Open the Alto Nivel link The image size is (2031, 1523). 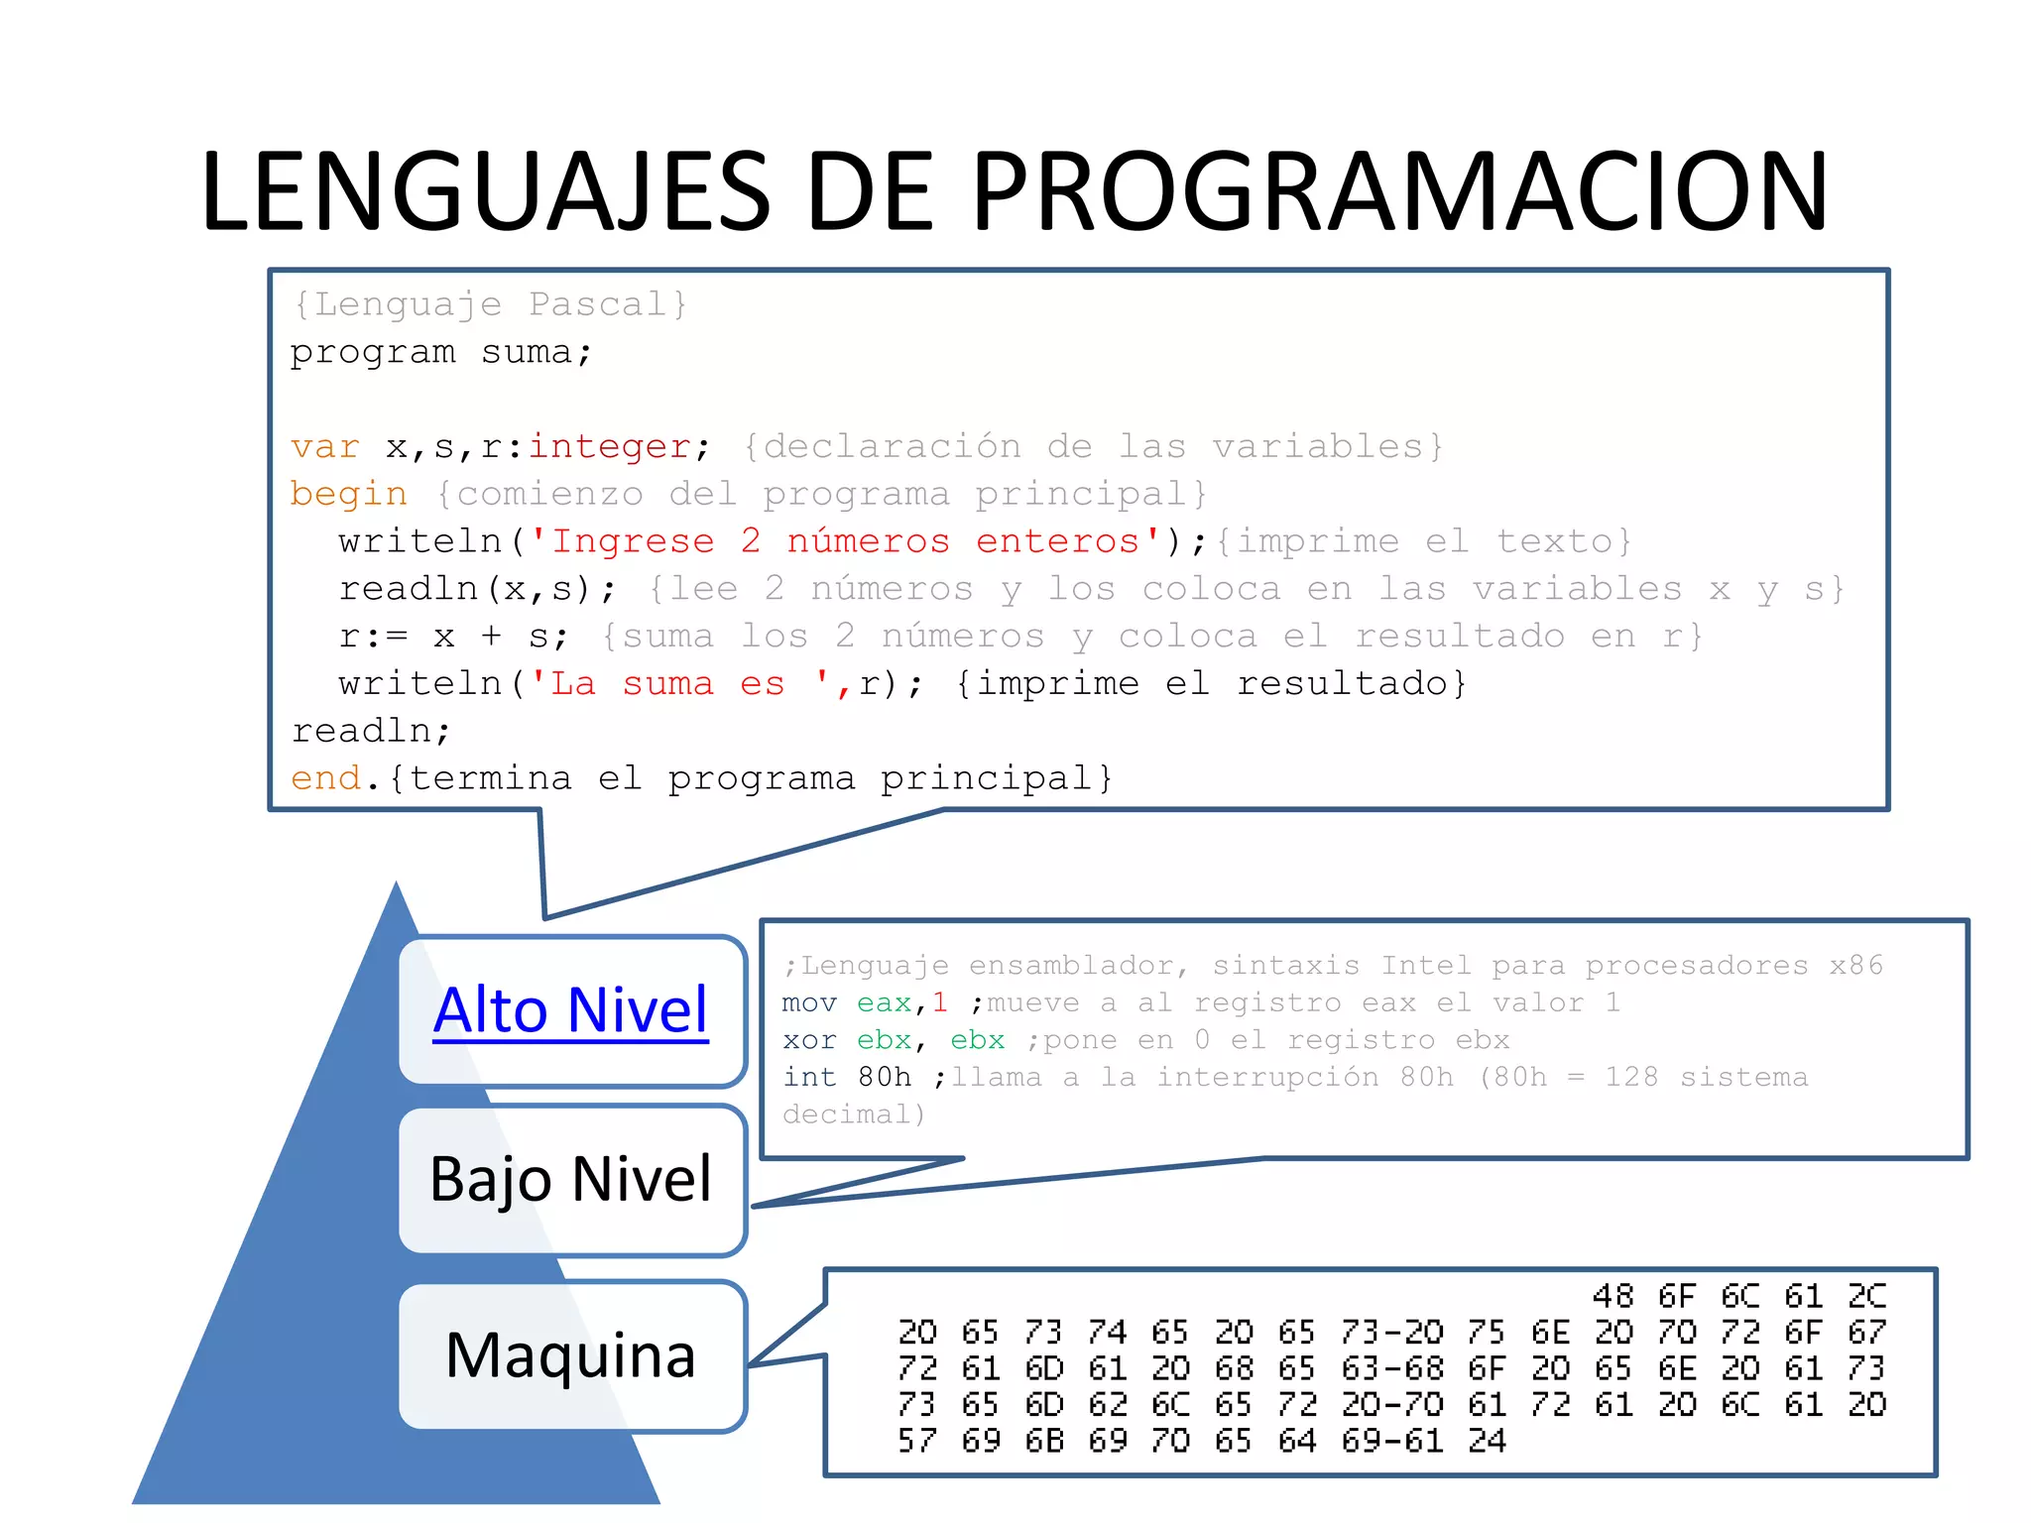click(x=571, y=1010)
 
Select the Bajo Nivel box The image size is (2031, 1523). click(x=571, y=1179)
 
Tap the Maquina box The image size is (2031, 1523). click(x=571, y=1354)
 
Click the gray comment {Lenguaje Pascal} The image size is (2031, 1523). click(x=490, y=304)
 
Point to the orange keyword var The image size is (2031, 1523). click(x=324, y=447)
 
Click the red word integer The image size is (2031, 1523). click(x=609, y=447)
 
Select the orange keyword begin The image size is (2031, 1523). click(x=348, y=495)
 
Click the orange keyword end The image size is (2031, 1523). click(x=325, y=778)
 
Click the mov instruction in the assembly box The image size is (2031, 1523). click(x=808, y=1003)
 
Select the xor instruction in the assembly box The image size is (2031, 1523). click(x=808, y=1040)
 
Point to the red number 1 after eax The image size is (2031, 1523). click(x=939, y=1003)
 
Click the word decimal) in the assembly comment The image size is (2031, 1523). click(x=853, y=1114)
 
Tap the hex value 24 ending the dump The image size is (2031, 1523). click(x=1487, y=1441)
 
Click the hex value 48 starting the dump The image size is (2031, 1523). click(x=1613, y=1296)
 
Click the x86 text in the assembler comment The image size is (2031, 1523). click(x=1855, y=966)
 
